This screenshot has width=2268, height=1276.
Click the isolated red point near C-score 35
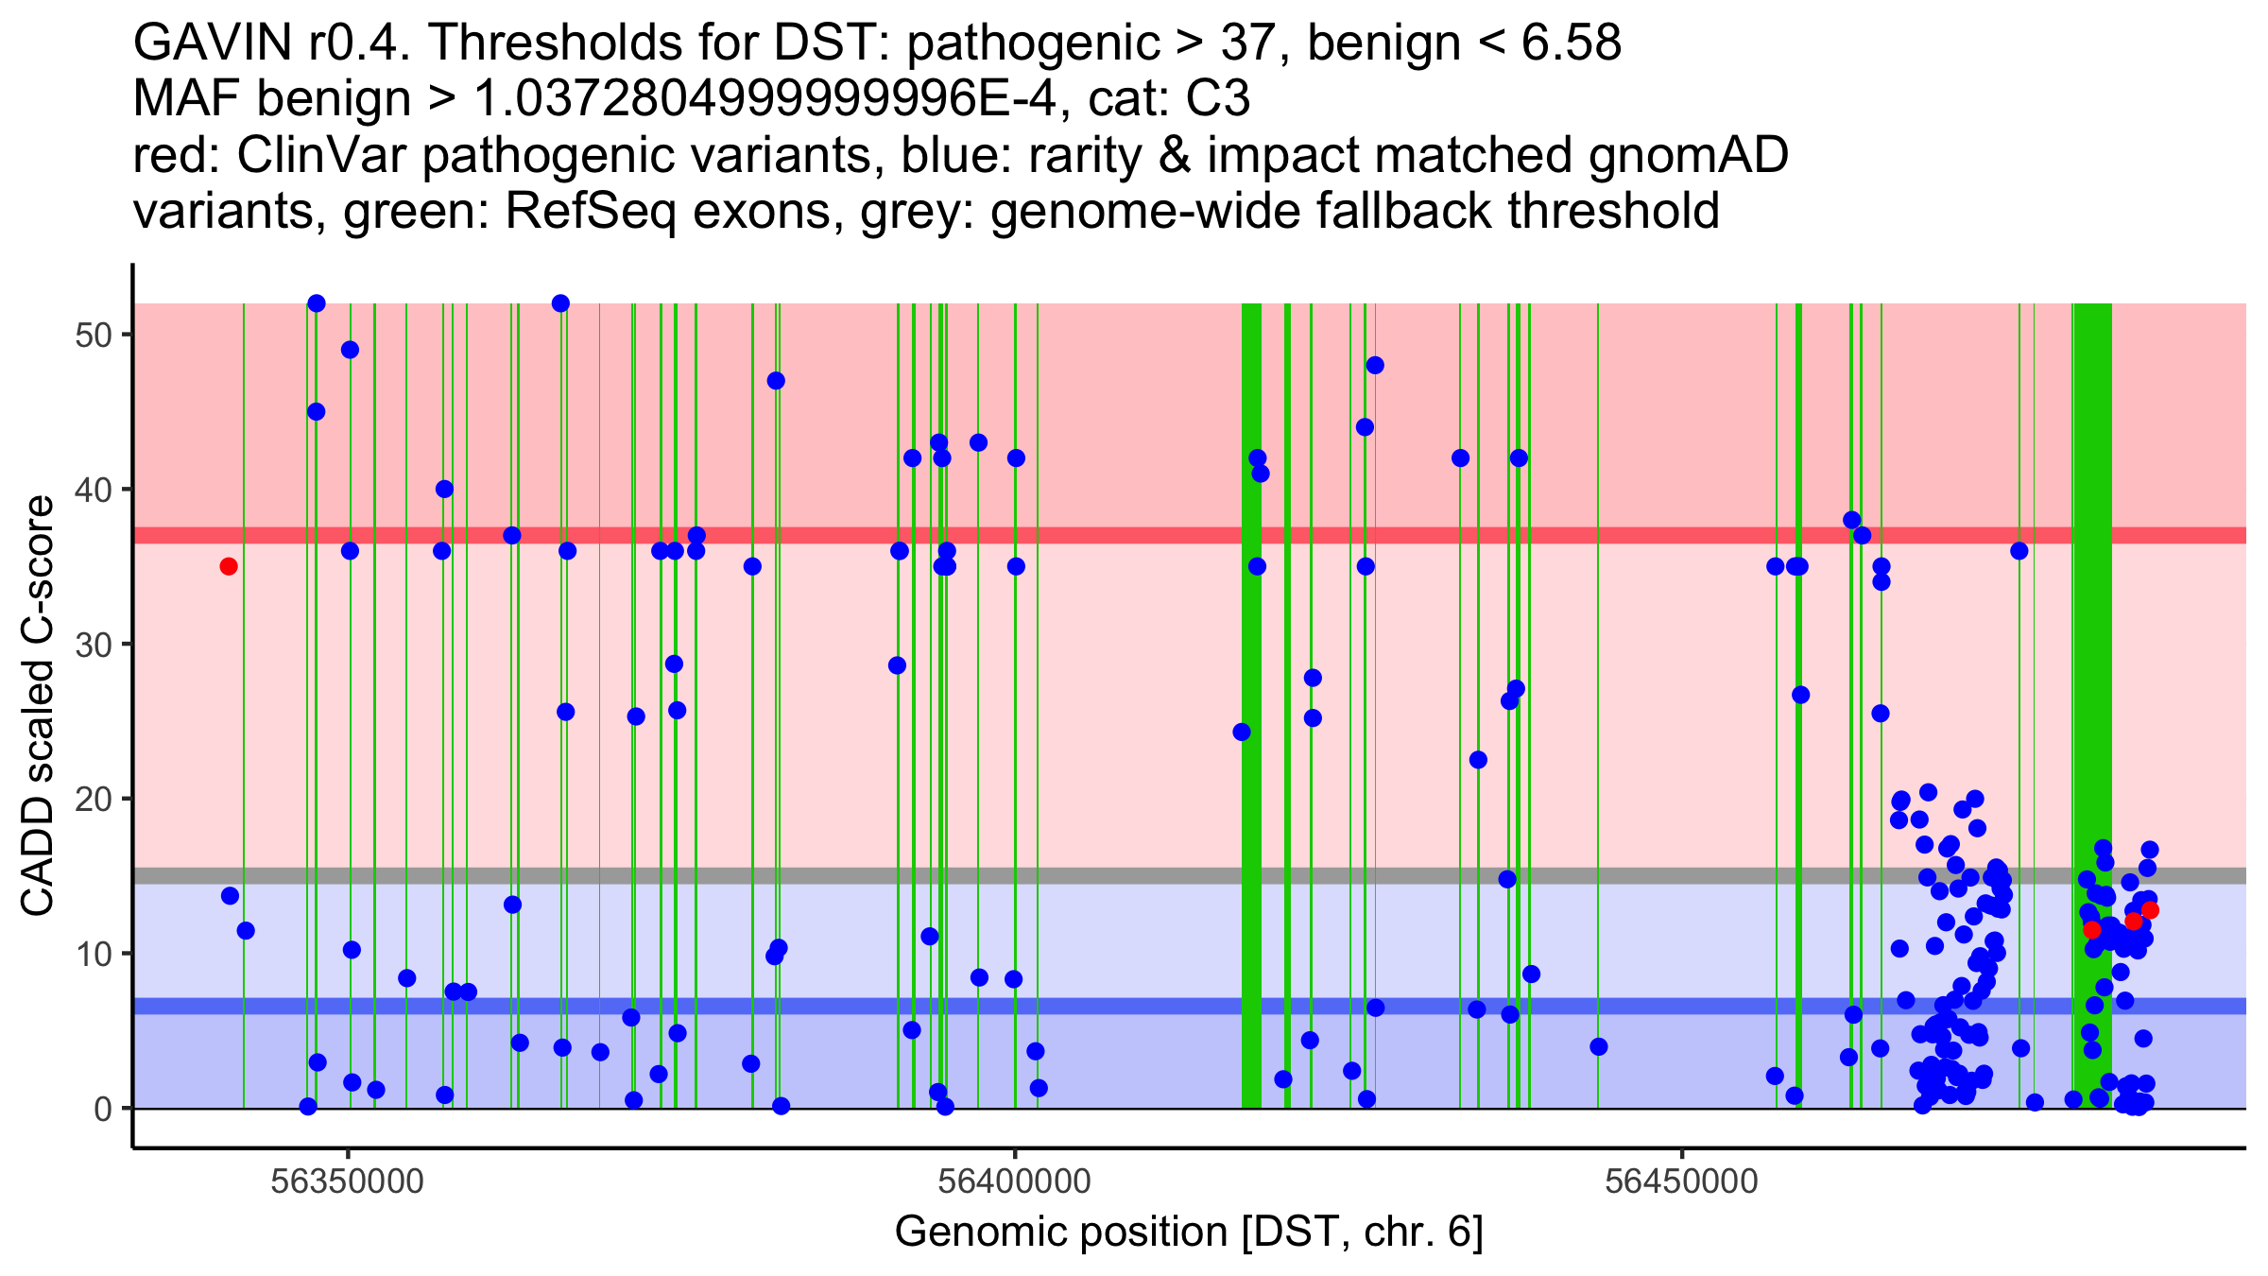tap(229, 566)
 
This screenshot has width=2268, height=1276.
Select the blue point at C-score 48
tap(1375, 366)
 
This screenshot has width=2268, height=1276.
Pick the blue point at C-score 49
tap(350, 350)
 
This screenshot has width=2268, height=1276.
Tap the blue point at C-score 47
tap(776, 381)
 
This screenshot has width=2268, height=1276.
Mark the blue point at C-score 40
tap(444, 489)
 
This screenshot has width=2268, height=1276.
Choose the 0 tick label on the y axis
tap(103, 1109)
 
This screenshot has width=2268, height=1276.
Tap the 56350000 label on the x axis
tap(348, 1181)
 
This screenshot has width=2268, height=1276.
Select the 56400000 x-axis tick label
tap(1015, 1181)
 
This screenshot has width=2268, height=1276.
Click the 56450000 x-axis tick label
tap(1682, 1181)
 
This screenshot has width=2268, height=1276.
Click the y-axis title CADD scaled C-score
tap(38, 707)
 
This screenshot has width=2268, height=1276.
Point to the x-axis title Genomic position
tap(1189, 1233)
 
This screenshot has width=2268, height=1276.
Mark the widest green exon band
tap(2092, 662)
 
